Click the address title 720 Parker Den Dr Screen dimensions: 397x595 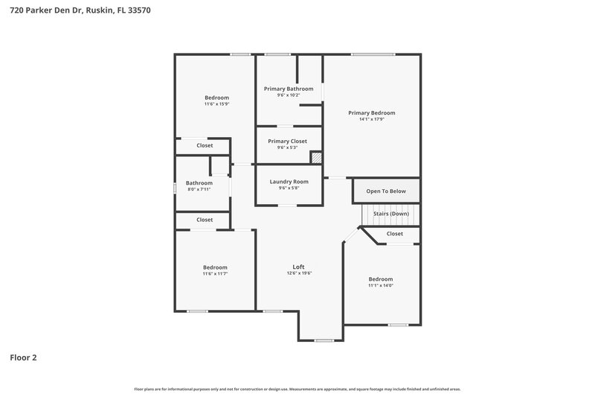point(81,11)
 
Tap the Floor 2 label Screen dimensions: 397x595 point(23,358)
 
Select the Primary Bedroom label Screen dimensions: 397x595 point(372,113)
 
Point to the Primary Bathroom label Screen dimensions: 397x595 point(289,89)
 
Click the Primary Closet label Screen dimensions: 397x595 point(287,141)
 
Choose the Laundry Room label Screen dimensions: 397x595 point(289,181)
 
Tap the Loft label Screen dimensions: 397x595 point(298,267)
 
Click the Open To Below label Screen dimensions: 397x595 point(386,191)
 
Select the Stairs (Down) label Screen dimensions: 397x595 point(390,214)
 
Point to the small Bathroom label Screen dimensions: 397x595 point(199,183)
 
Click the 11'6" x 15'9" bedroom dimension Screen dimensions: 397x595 point(216,104)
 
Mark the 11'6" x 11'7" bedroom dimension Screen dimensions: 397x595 point(215,274)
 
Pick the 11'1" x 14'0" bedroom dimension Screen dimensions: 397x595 point(381,286)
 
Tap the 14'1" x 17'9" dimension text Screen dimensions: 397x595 point(372,120)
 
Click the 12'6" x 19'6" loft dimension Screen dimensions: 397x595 point(298,273)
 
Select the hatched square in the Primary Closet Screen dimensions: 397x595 point(315,157)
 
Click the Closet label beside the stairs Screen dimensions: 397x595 point(395,234)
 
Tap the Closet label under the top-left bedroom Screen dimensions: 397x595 point(205,145)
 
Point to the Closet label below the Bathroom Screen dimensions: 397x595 point(205,220)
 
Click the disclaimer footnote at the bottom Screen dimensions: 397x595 point(297,389)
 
